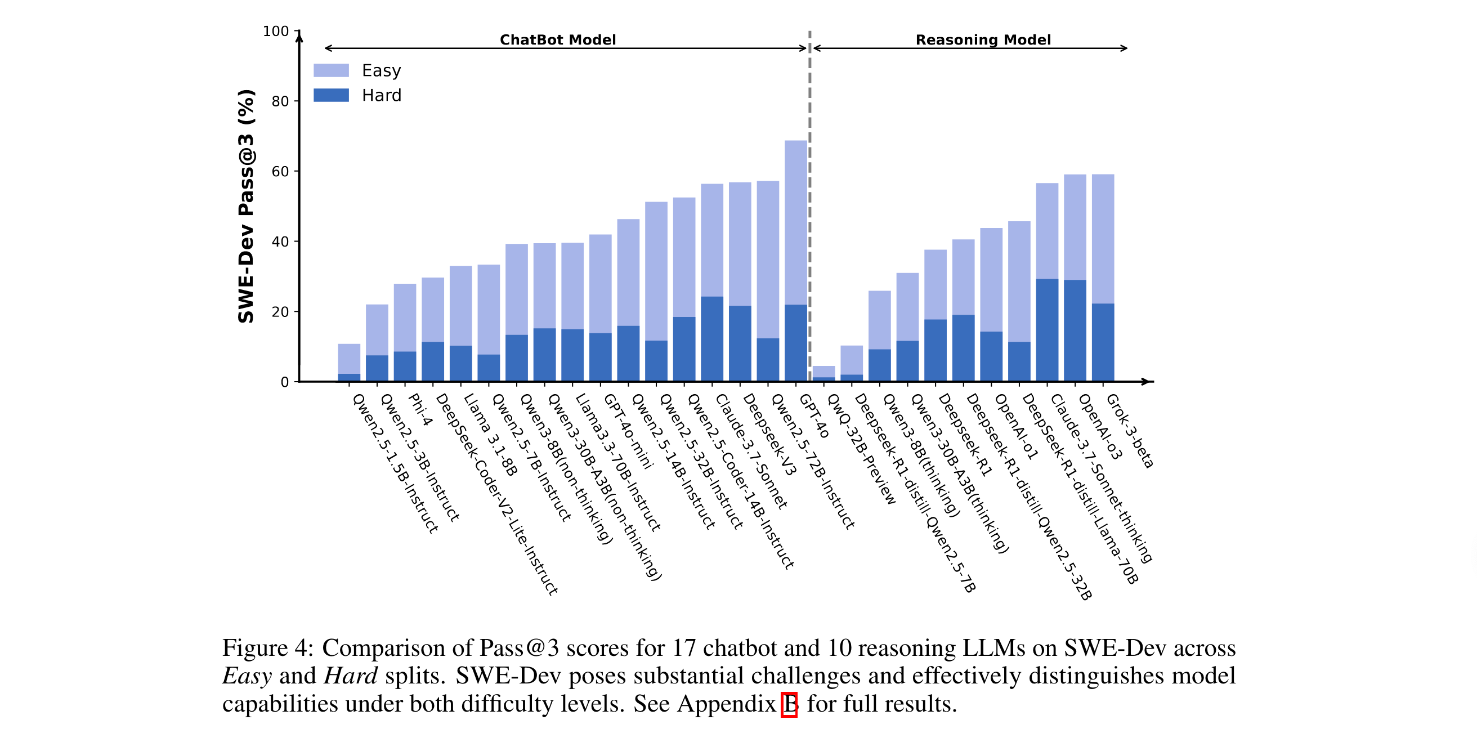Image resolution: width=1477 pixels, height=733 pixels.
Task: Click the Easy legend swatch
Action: click(331, 70)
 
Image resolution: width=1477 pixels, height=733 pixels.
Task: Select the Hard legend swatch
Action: click(331, 95)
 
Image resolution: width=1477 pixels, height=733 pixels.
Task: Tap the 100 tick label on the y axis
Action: click(275, 31)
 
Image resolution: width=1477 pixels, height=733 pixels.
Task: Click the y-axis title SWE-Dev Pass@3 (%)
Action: click(246, 206)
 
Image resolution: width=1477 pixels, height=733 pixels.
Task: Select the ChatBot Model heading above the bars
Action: click(557, 39)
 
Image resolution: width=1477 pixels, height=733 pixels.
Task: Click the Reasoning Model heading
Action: click(983, 39)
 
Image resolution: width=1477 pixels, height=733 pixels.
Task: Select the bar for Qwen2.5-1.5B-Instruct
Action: click(349, 362)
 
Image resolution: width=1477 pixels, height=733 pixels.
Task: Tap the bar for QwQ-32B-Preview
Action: click(823, 373)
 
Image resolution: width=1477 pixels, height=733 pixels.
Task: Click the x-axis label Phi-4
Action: click(420, 410)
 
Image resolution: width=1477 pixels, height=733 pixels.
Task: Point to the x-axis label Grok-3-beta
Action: click(1129, 431)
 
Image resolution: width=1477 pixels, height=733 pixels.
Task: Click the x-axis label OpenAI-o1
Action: click(1016, 427)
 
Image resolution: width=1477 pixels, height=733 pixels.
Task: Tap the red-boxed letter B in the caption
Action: click(790, 704)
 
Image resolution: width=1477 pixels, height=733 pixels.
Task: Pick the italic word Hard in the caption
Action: click(350, 676)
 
